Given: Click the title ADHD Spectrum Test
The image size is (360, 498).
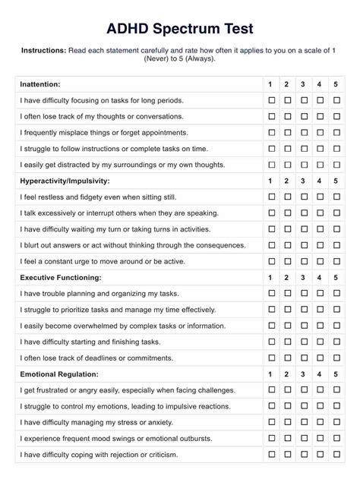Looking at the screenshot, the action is tap(179, 28).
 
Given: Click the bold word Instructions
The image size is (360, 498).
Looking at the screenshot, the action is tap(43, 51).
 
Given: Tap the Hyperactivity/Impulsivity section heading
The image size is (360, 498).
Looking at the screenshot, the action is tap(65, 181).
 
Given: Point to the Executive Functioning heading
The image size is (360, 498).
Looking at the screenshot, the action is tap(61, 277).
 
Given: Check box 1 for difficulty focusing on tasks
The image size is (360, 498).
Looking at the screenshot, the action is tap(271, 100).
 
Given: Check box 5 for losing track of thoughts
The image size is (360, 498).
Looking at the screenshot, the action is tap(336, 116).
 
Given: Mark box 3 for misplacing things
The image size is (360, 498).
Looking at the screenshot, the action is tap(303, 132).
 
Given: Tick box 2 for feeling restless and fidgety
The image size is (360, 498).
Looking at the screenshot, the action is tap(287, 197).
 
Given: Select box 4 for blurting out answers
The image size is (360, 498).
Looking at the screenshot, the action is tap(320, 245).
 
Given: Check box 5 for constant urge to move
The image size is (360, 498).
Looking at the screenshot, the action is tap(336, 261).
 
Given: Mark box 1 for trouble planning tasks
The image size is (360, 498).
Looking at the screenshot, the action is tap(271, 293).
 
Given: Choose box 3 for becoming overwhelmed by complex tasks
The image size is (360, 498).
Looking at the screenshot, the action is tap(303, 326).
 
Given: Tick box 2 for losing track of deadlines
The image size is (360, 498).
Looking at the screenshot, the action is tap(287, 358).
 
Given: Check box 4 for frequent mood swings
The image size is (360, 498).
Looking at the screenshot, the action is tap(320, 438).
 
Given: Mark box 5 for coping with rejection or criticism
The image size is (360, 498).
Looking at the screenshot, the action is tap(336, 454).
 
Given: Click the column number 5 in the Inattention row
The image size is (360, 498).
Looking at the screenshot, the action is tap(336, 84).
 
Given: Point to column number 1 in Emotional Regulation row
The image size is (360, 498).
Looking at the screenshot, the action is tap(271, 373).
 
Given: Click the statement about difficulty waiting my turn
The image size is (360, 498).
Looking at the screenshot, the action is tap(115, 229).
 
